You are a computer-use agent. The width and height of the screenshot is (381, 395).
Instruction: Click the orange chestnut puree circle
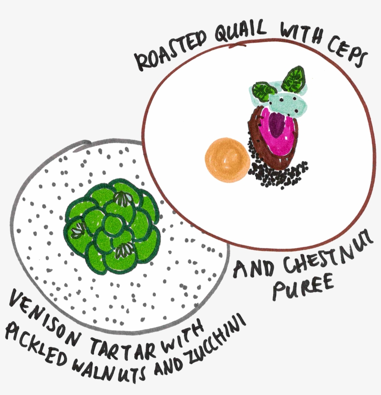(226, 159)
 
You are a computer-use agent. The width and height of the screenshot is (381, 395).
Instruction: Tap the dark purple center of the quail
(277, 125)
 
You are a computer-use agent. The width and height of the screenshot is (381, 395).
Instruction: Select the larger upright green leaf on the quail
(293, 79)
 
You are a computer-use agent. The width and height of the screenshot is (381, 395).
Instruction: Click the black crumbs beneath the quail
(279, 174)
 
